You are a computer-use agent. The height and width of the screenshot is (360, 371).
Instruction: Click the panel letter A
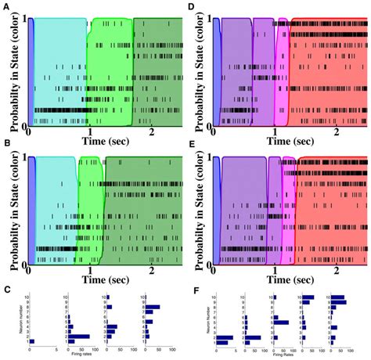[x=5, y=5]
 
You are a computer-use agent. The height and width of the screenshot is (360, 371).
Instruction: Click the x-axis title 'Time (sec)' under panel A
[x=104, y=142]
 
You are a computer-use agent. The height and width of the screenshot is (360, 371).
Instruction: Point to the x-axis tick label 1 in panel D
[x=276, y=132]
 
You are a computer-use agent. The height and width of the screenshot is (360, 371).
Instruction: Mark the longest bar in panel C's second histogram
[x=78, y=337]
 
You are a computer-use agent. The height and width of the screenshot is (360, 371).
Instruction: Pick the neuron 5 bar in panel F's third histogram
[x=281, y=322]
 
